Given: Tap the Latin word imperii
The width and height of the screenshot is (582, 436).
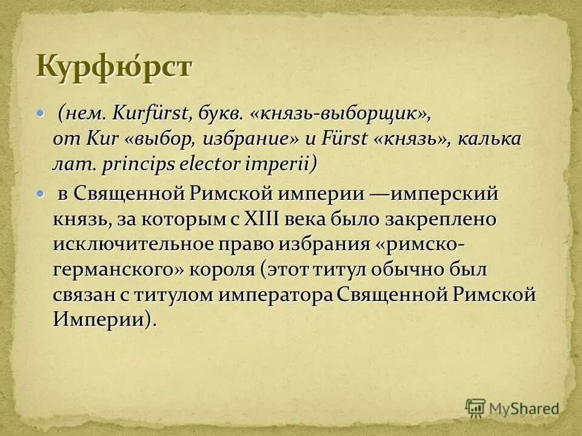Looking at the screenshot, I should click(281, 163).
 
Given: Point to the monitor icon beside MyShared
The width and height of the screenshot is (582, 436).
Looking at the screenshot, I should click(476, 408).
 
